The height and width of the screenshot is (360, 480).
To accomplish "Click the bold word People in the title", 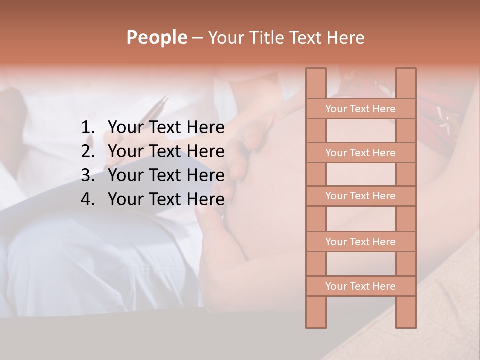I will pos(157,38).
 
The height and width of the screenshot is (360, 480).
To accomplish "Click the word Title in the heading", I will pos(267,38).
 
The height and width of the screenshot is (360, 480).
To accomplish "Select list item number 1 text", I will pos(166,128).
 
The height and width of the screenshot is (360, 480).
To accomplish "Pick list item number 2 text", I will pos(166,151).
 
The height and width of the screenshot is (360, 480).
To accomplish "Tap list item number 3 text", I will pos(166,175).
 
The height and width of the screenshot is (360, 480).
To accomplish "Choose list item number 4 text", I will pos(166,199).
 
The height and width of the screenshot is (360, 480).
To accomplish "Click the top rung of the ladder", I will pos(360,109).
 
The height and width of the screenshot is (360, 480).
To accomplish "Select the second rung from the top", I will pos(360,153).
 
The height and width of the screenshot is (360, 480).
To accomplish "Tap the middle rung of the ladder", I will pos(360,196).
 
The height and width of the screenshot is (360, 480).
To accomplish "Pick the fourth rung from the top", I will pos(360,242).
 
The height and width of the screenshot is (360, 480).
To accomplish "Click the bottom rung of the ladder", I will pos(360,286).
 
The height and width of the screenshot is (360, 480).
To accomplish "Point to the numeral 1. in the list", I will pos(87,128).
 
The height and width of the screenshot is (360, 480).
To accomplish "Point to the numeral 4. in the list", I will pos(87,199).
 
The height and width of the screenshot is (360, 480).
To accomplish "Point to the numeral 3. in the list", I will pos(87,175).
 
